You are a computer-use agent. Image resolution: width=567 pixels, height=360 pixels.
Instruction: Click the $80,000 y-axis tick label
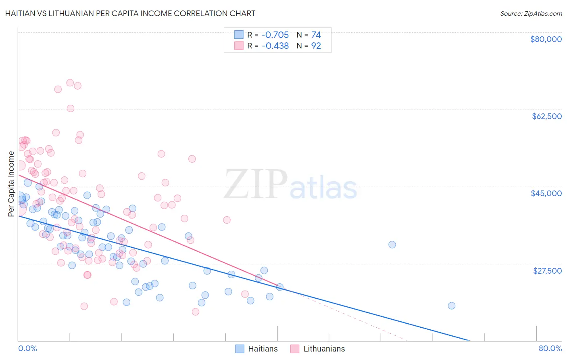(546, 39)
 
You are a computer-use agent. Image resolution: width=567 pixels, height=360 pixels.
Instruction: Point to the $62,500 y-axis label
(546, 116)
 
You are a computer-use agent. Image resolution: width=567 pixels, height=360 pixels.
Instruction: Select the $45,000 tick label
(546, 193)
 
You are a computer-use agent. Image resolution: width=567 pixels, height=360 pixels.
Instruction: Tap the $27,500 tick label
(547, 271)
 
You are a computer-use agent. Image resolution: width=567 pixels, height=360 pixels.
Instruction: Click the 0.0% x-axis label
(27, 348)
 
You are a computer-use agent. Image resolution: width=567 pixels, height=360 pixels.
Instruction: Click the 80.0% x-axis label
(550, 348)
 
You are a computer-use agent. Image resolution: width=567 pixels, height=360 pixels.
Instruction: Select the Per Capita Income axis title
(11, 184)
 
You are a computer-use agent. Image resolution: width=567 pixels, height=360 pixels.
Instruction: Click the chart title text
(130, 13)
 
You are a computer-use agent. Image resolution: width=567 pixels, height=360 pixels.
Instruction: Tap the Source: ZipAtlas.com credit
(531, 14)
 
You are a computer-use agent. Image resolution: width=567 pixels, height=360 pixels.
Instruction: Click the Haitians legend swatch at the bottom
(240, 349)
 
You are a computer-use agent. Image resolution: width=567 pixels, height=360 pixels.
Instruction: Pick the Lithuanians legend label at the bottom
(324, 349)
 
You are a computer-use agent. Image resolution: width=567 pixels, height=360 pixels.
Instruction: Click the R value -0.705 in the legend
(275, 35)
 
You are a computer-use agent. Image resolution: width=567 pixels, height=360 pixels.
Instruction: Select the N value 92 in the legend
(316, 46)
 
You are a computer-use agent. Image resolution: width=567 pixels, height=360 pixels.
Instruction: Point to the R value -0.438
(275, 46)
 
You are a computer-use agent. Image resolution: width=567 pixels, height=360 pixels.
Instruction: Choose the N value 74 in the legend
(316, 35)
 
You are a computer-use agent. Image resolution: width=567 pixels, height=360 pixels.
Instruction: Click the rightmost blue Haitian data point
(452, 306)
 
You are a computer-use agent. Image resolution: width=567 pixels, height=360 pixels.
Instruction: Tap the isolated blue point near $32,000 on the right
(392, 245)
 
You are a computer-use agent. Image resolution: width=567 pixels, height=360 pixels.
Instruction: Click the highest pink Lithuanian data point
(70, 83)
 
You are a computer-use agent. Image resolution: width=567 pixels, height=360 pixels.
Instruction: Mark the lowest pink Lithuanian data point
(196, 312)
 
